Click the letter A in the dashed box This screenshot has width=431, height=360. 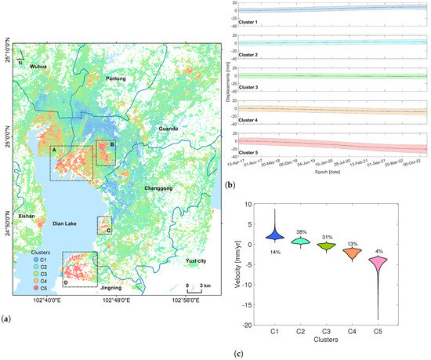[x=54, y=149]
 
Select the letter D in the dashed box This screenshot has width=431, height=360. [x=66, y=282]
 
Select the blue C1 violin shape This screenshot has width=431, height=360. [x=274, y=235]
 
